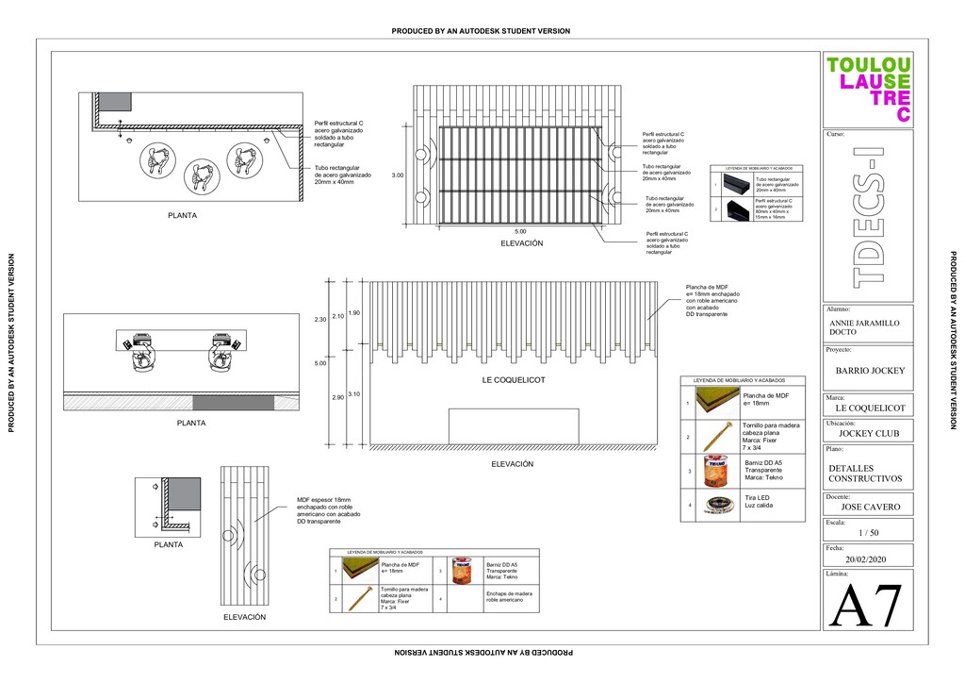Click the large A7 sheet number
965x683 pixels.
(x=867, y=606)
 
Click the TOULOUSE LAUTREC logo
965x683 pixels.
(x=868, y=89)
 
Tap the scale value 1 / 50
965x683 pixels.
(x=868, y=533)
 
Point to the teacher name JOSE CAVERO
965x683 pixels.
(x=870, y=507)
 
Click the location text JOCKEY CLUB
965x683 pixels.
(x=869, y=433)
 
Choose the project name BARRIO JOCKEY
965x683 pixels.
(x=870, y=371)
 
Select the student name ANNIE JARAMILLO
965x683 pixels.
(x=864, y=323)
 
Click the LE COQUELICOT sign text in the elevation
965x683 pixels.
(x=514, y=380)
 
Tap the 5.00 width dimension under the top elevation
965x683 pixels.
(x=520, y=231)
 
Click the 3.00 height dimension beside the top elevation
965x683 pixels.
(x=397, y=175)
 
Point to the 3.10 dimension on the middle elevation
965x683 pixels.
(x=353, y=393)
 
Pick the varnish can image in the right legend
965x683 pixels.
(x=716, y=471)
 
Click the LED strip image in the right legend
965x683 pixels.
(x=716, y=505)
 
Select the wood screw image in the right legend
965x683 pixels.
(x=716, y=437)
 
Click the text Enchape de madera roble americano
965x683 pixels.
(x=509, y=596)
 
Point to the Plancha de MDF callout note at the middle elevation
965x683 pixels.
(x=708, y=299)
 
